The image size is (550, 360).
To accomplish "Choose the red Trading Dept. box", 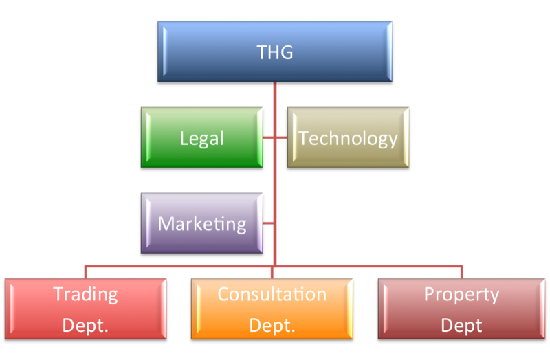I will pyautogui.click(x=86, y=309).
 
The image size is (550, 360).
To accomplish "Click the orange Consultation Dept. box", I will pyautogui.click(x=272, y=309).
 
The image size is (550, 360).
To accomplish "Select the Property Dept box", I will pyautogui.click(x=461, y=309).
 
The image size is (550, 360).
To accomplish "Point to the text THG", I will pyautogui.click(x=275, y=52).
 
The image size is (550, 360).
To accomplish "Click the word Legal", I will pyautogui.click(x=202, y=139).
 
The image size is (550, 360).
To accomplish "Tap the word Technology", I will pyautogui.click(x=348, y=139).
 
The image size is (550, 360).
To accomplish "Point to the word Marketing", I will pyautogui.click(x=202, y=224).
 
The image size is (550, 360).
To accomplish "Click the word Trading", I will pyautogui.click(x=86, y=295).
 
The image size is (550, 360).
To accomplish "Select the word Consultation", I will pyautogui.click(x=272, y=295).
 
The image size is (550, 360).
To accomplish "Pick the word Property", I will pyautogui.click(x=461, y=295).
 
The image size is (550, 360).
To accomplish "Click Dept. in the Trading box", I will pyautogui.click(x=86, y=325).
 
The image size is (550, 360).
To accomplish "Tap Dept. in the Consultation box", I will pyautogui.click(x=272, y=325).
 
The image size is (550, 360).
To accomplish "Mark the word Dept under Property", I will pyautogui.click(x=461, y=325).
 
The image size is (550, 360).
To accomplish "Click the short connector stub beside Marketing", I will pyautogui.click(x=269, y=223).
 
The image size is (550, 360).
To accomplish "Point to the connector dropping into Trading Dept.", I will pyautogui.click(x=86, y=271).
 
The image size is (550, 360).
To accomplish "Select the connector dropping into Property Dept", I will pyautogui.click(x=461, y=271).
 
